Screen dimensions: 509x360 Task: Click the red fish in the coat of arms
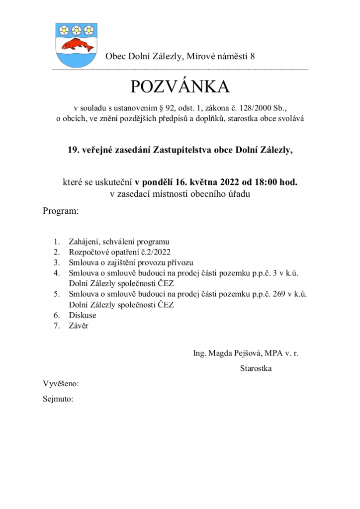[75, 44]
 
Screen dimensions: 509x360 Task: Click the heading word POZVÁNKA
[180, 87]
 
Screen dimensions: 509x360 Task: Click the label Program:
[61, 211]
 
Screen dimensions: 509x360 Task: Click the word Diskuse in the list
[82, 315]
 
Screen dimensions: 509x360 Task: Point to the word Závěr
[79, 326]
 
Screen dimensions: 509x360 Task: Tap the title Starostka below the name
[256, 368]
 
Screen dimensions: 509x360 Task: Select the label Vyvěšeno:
[61, 384]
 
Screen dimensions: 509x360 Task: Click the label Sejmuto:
[58, 399]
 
